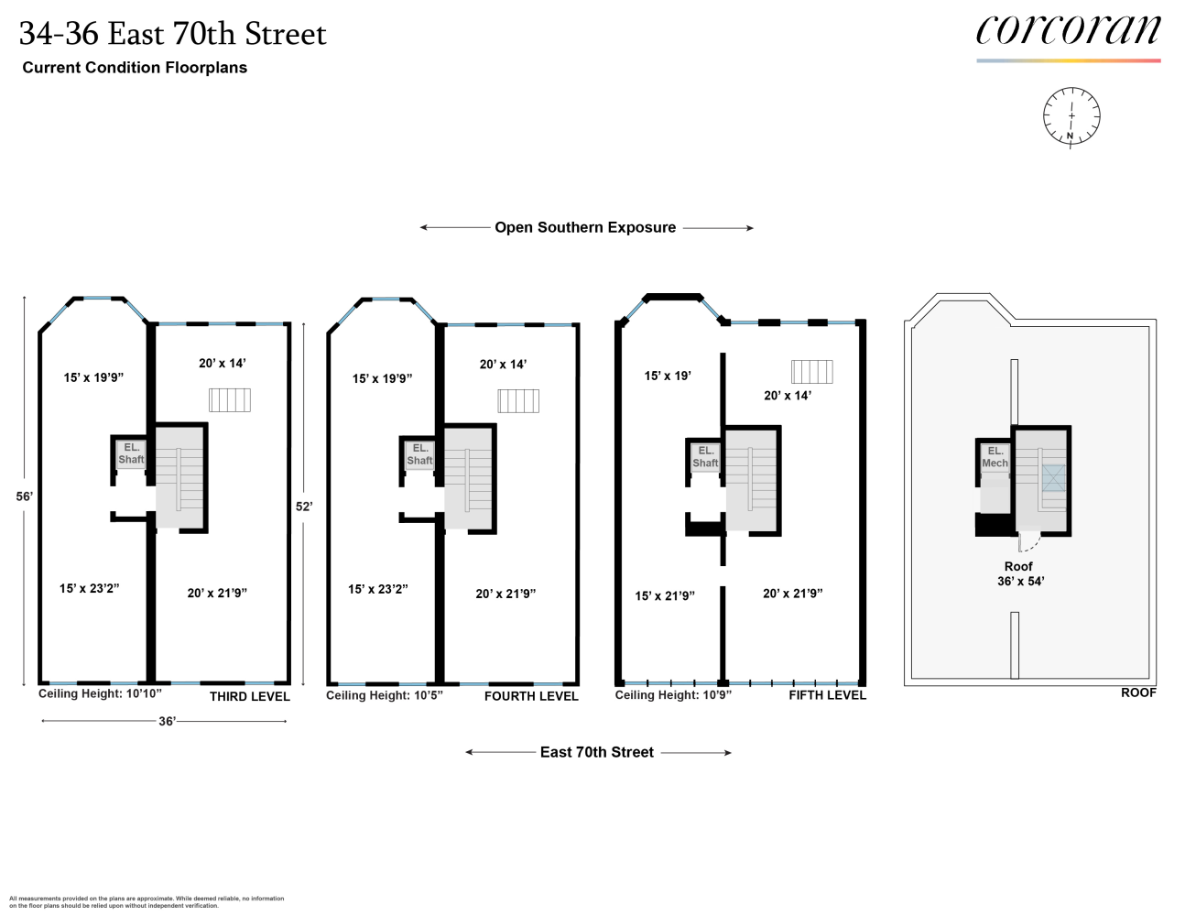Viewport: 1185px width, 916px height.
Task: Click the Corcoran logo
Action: pos(1068,32)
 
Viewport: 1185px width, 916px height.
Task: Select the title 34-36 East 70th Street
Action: pos(173,34)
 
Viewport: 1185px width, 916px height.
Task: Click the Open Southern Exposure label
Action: pos(585,227)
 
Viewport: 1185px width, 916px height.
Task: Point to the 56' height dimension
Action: pos(25,496)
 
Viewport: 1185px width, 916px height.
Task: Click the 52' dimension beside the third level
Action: pos(304,506)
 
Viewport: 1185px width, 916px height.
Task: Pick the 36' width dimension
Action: pos(167,721)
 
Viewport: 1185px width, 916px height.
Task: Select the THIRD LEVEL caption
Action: pos(249,696)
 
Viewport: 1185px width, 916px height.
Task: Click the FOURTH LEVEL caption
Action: pos(531,696)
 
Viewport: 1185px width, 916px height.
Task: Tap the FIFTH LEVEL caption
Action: pos(827,695)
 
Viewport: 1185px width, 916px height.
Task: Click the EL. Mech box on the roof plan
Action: pos(995,457)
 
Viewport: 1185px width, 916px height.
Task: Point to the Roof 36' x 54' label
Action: pos(1019,573)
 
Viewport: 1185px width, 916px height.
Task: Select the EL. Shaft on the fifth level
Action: pos(705,456)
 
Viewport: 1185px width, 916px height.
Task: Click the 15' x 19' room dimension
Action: pos(668,376)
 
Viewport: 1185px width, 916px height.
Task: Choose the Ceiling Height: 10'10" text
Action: pos(100,694)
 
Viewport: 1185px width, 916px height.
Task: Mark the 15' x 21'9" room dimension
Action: pos(665,596)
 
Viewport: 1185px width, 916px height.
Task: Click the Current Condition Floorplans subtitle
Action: pos(135,67)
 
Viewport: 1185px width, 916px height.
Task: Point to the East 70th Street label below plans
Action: pos(597,752)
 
